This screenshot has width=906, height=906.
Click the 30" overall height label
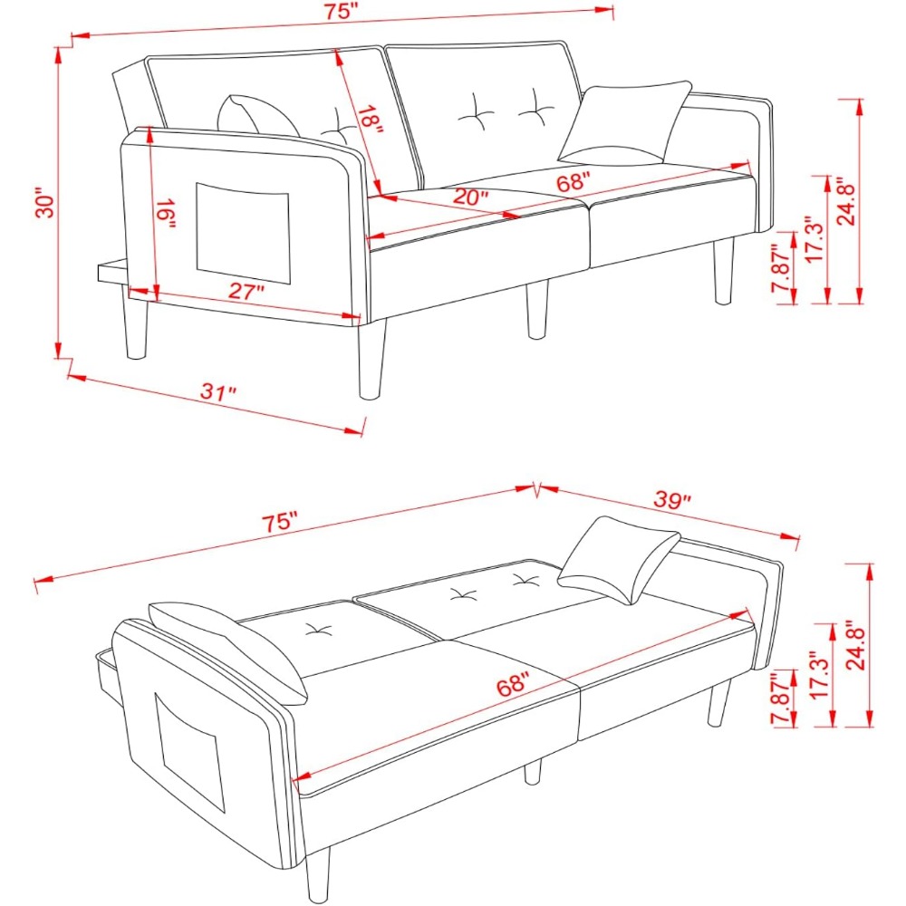[x=45, y=202]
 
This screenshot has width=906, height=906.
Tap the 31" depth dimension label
[x=218, y=391]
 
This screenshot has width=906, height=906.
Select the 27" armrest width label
[x=246, y=291]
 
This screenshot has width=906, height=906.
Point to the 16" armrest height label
[x=166, y=214]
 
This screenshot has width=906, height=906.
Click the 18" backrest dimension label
[x=370, y=120]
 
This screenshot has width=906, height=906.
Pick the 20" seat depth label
[x=470, y=197]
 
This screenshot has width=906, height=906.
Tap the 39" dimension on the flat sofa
[x=672, y=499]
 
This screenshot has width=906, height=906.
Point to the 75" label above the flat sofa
[x=280, y=521]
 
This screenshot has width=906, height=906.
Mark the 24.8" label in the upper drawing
[x=848, y=201]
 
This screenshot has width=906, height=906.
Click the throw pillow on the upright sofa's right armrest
[x=624, y=122]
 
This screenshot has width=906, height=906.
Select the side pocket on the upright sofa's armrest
[x=243, y=234]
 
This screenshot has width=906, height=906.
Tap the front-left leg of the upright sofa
[x=371, y=358]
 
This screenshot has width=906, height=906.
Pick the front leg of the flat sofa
[x=318, y=873]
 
